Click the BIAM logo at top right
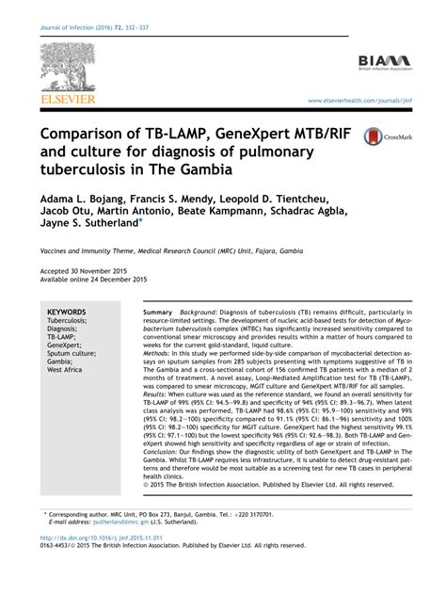[385, 63]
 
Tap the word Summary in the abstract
[158, 312]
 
